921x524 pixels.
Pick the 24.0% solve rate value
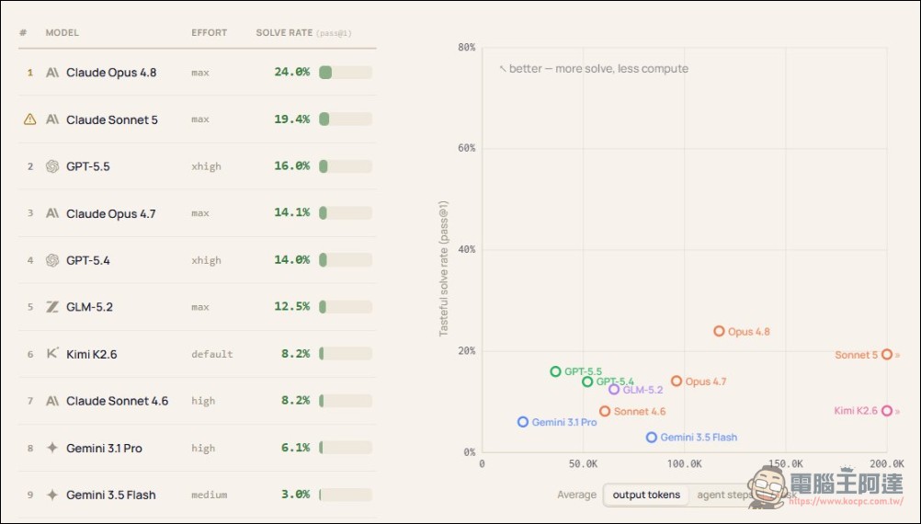291,73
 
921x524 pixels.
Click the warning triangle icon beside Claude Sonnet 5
30,120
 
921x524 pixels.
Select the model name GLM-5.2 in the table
89,307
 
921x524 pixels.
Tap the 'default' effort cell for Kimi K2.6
212,354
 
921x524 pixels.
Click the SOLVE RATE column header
284,33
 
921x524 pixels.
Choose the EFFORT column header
209,33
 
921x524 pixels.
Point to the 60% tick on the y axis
466,148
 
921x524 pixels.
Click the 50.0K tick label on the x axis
584,463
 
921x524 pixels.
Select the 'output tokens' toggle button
646,495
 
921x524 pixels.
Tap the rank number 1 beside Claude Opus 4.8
30,73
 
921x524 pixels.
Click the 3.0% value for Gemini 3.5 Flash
295,494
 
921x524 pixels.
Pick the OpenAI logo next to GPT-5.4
52,260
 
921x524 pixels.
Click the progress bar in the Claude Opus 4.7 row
346,212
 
